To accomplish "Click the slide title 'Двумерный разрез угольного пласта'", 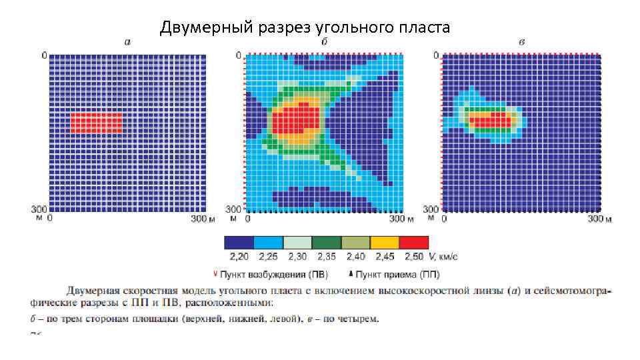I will [x=305, y=28].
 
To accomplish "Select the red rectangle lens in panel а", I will [x=96, y=122].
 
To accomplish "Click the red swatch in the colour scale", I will [x=413, y=243].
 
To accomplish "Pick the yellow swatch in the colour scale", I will [x=384, y=243].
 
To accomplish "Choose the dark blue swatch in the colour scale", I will [x=239, y=243].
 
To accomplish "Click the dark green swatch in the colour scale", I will [x=326, y=243].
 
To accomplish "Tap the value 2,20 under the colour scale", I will [x=238, y=257].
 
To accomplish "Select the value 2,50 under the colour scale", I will [x=414, y=257].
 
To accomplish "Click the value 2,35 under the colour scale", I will [x=327, y=257].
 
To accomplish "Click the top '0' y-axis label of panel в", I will [x=436, y=55].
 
